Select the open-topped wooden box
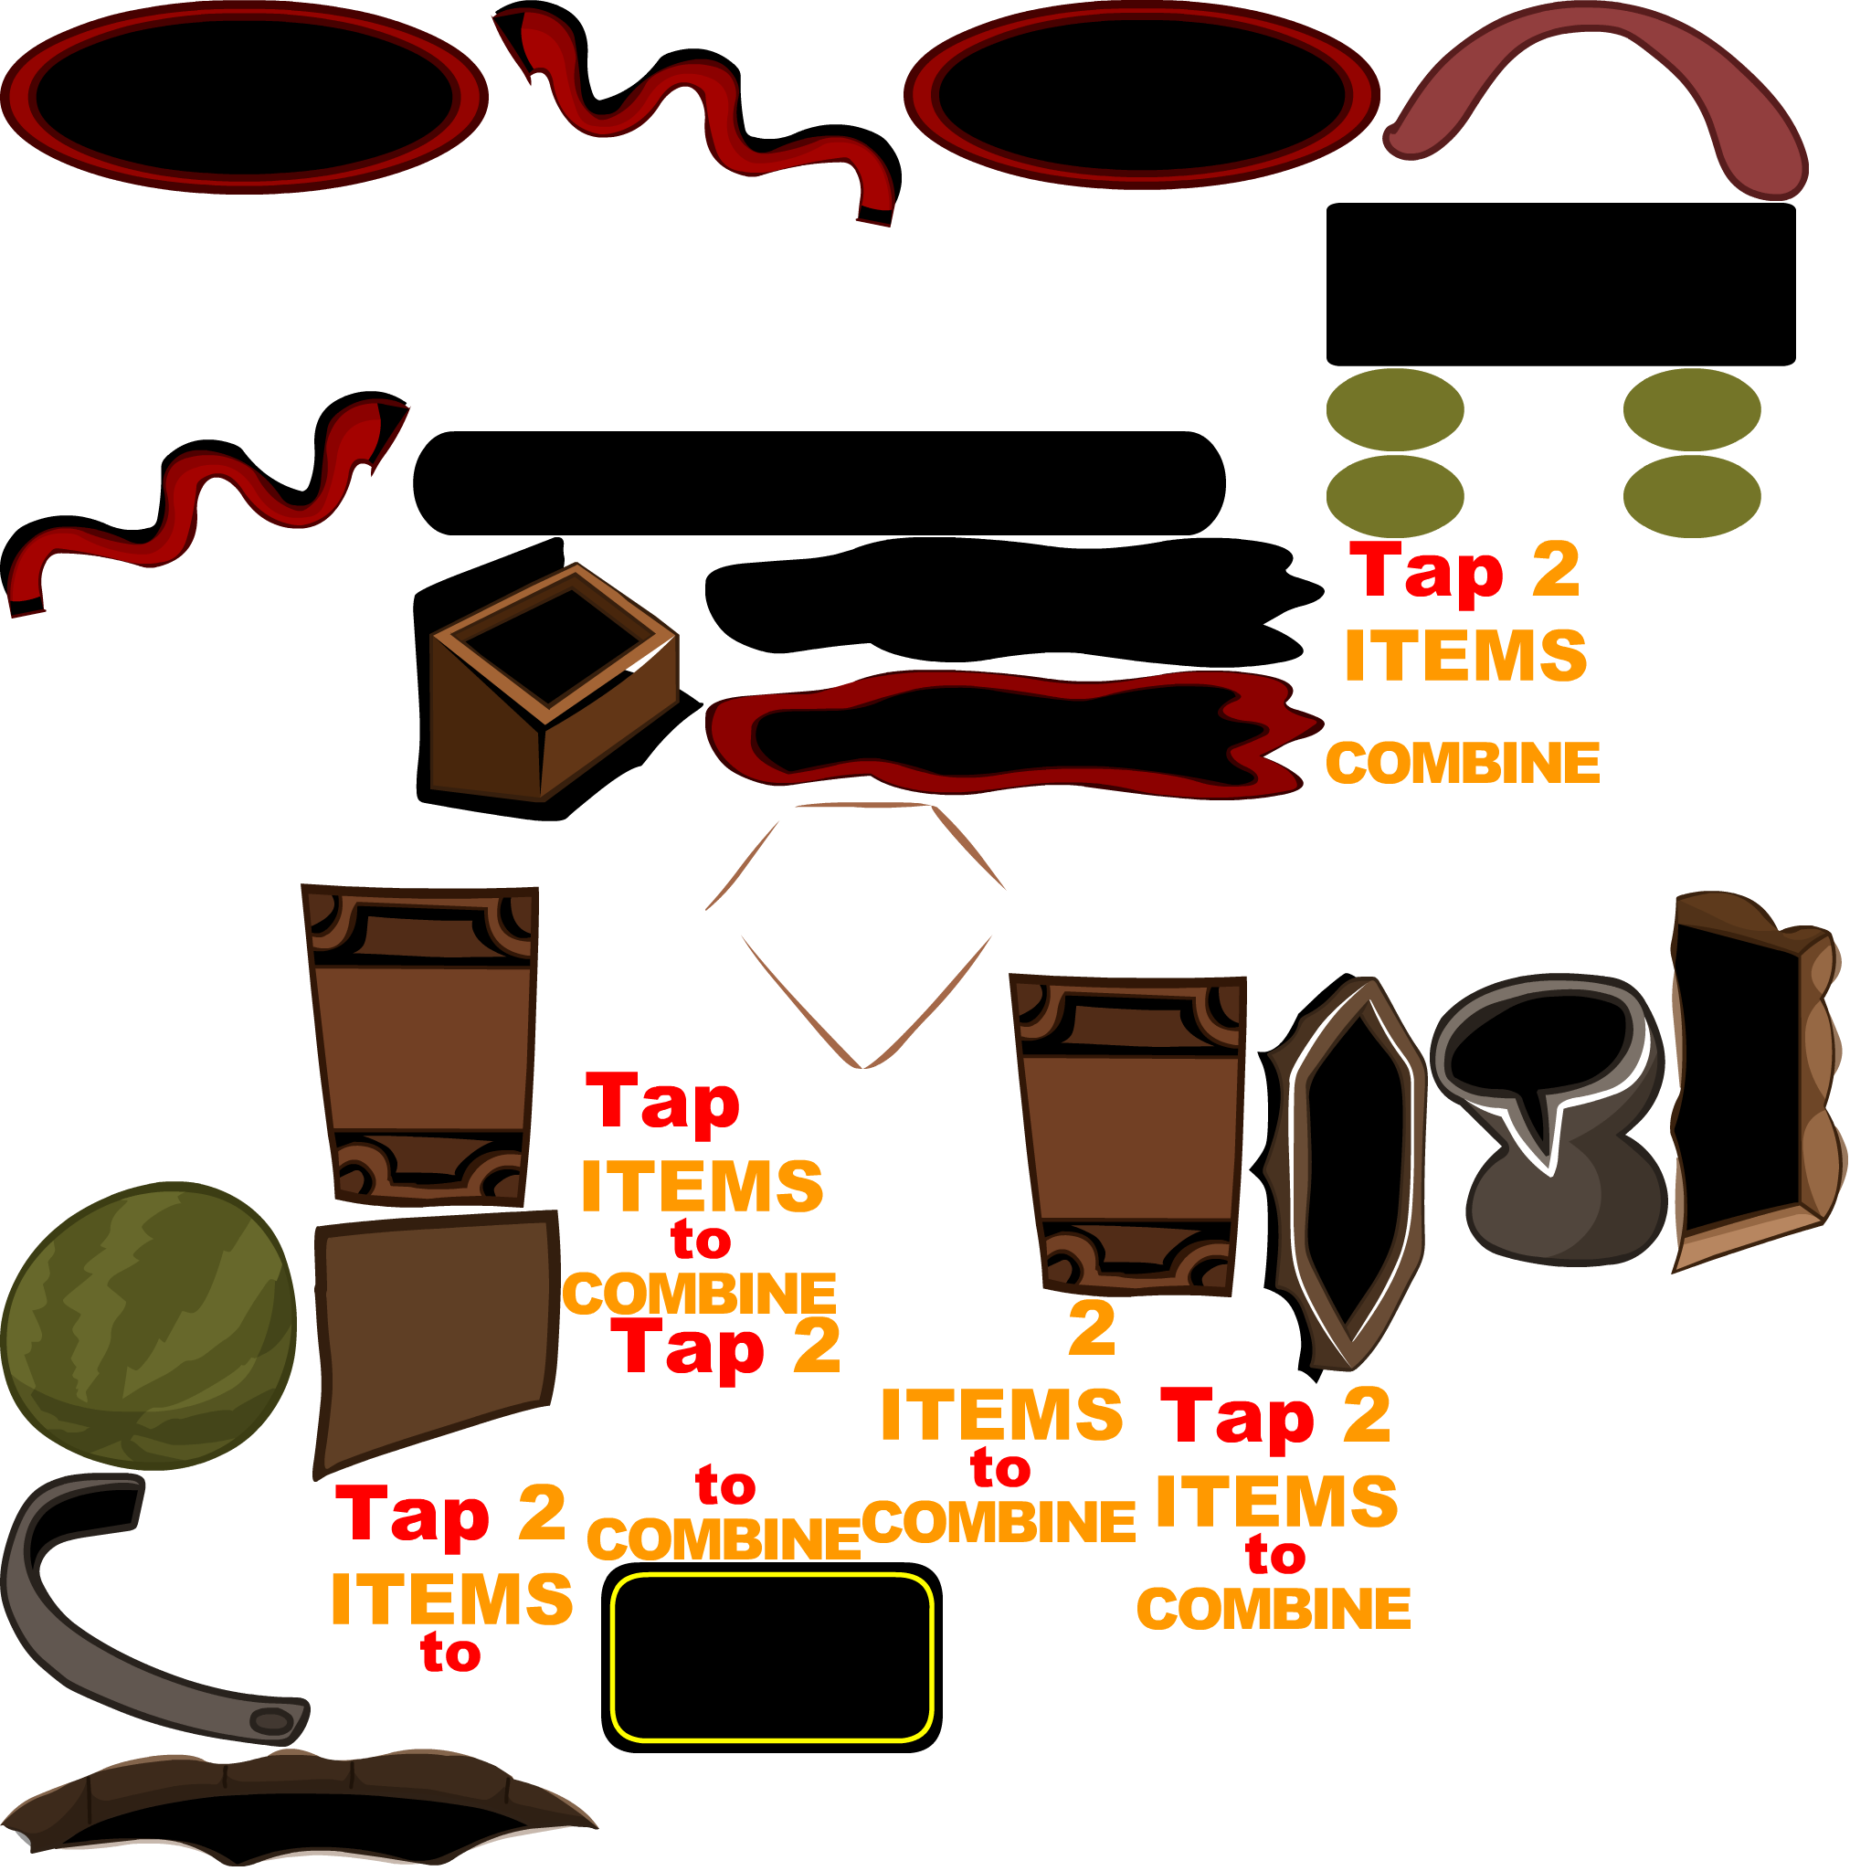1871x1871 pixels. point(554,682)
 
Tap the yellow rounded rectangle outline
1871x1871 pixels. point(771,1657)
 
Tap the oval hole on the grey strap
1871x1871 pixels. point(272,1721)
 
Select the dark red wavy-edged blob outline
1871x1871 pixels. point(1007,731)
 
